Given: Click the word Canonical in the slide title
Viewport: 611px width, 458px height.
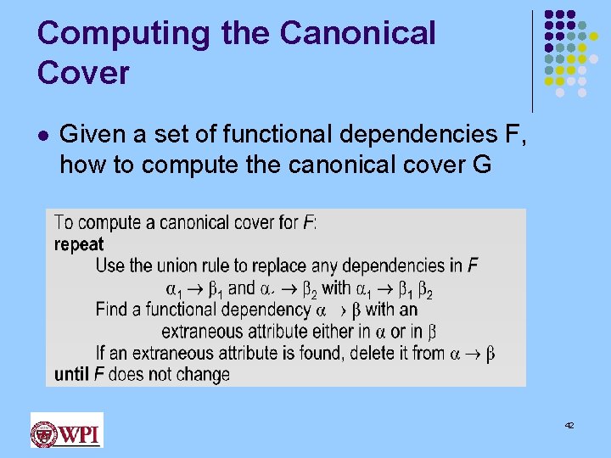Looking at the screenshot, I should coord(357,34).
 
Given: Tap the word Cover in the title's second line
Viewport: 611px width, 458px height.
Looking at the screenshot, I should coord(83,73).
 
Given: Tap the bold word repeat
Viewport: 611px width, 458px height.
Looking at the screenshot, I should coord(79,244).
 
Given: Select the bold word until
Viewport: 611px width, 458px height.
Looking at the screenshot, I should coord(72,374).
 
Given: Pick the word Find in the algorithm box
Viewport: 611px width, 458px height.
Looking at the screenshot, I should coord(111,310).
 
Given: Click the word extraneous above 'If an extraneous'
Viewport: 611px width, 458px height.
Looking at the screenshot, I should coord(210,332).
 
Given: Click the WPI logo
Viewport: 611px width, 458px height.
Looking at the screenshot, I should coord(66,431).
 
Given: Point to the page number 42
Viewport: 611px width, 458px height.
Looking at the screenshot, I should coord(569,424).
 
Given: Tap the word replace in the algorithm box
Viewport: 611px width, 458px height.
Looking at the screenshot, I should coord(279,266).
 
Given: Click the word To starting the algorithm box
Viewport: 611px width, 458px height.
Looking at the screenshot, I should coord(64,223).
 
